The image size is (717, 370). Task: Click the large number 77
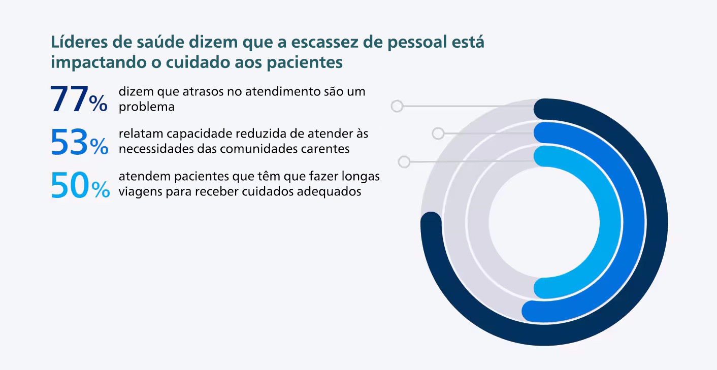pos(69,99)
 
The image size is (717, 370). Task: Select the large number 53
pos(69,143)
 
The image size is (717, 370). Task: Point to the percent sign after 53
pos(99,147)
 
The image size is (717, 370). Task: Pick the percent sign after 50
pos(101,189)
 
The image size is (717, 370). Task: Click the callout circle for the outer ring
pos(397,106)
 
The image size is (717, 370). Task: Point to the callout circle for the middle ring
pos(438,133)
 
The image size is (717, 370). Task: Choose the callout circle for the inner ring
pos(404,162)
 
